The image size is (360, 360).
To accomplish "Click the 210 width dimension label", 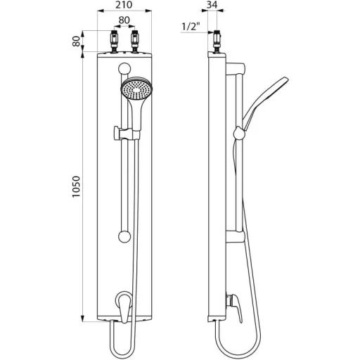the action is [124, 5].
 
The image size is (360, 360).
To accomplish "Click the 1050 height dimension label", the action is [76, 187].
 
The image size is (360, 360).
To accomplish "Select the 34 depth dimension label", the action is [212, 5].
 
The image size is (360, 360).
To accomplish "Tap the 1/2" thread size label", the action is [192, 27].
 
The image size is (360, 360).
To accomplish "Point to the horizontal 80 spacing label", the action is [124, 20].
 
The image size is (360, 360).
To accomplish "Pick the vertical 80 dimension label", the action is [77, 41].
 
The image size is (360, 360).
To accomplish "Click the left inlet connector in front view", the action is [115, 41].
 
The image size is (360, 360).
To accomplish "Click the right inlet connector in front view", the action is [135, 41].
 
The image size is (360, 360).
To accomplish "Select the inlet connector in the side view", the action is [217, 41].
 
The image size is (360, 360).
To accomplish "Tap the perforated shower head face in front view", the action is [136, 89].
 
